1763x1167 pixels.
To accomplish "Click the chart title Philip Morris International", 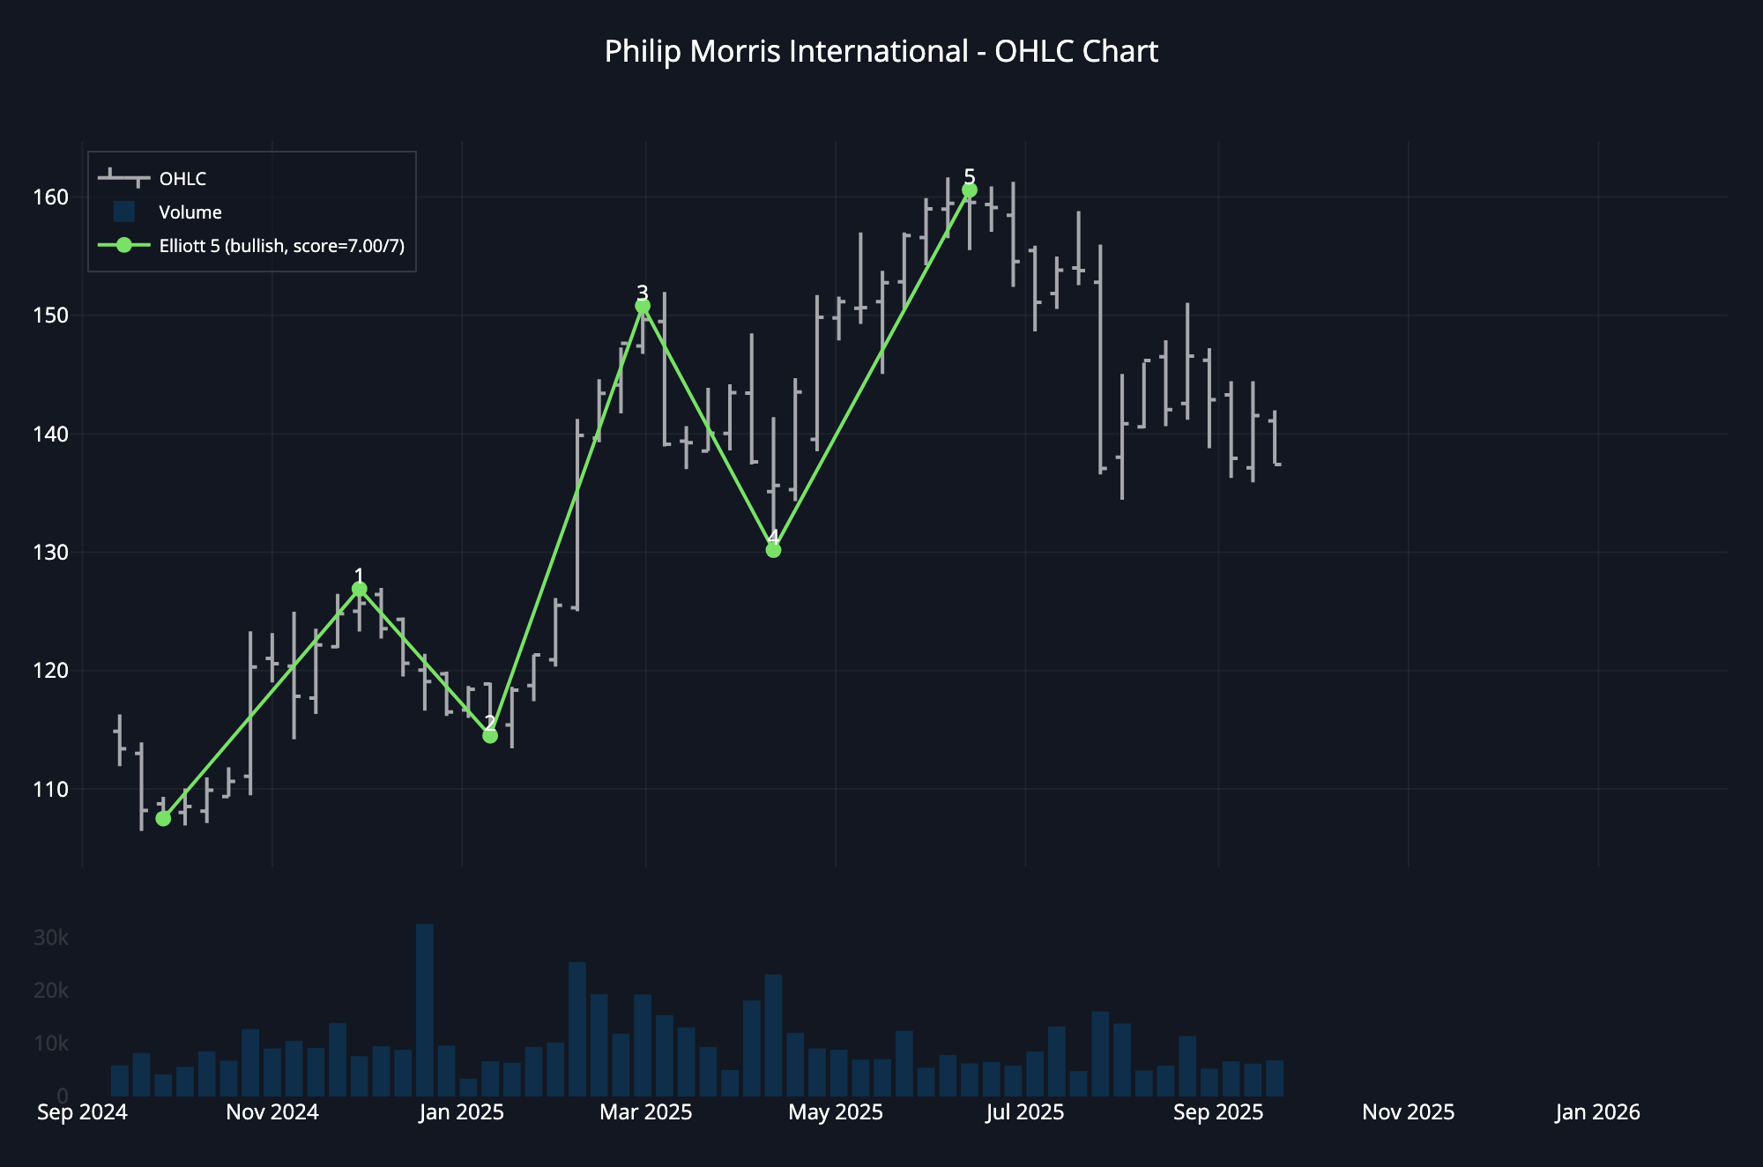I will pos(881,52).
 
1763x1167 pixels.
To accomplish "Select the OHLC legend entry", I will pos(182,179).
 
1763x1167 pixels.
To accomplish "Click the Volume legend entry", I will pos(190,212).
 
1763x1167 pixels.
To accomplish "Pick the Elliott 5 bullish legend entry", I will pos(281,246).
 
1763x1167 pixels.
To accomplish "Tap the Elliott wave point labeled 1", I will pos(359,589).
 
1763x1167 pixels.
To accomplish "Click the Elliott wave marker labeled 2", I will pos(490,736).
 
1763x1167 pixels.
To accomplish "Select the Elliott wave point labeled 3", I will pos(643,306).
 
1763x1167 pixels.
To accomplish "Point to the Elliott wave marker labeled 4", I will pos(773,550).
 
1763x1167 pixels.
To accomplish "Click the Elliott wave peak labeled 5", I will pos(970,190).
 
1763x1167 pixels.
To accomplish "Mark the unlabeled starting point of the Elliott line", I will pos(163,819).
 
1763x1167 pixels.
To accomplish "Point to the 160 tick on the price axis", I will pos(50,197).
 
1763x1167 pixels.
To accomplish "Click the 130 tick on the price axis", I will pos(50,553).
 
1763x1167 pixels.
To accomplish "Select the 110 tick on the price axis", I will pos(50,790).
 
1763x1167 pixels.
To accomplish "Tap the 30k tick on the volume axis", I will pos(50,938).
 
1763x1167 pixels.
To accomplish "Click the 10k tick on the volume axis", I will pos(50,1044).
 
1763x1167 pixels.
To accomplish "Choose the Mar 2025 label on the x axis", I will pos(645,1112).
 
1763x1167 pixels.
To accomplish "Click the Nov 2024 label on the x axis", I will pos(272,1112).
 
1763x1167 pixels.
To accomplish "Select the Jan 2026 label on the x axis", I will pos(1597,1112).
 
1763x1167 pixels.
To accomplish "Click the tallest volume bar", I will pos(425,1009).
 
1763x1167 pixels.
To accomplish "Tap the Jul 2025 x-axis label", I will pos(1025,1112).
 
